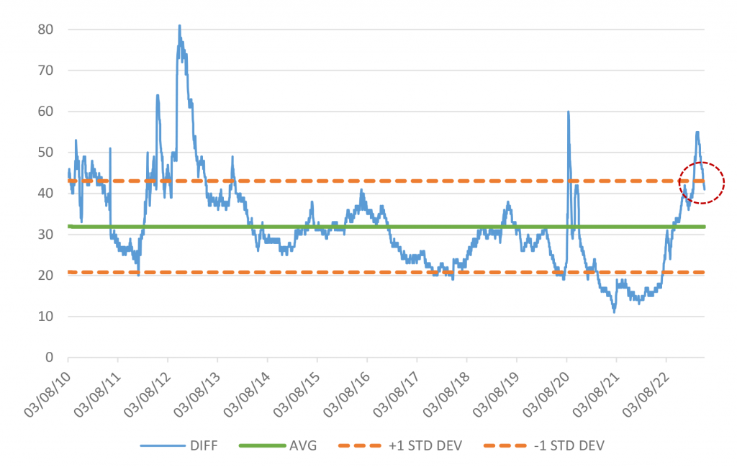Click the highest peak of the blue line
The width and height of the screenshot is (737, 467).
pos(179,25)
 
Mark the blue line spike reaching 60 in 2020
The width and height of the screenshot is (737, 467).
pos(568,112)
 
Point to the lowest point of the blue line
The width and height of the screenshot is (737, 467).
pos(614,312)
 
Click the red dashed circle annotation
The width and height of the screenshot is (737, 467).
pos(702,183)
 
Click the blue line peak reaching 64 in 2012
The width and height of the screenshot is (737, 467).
pos(157,95)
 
